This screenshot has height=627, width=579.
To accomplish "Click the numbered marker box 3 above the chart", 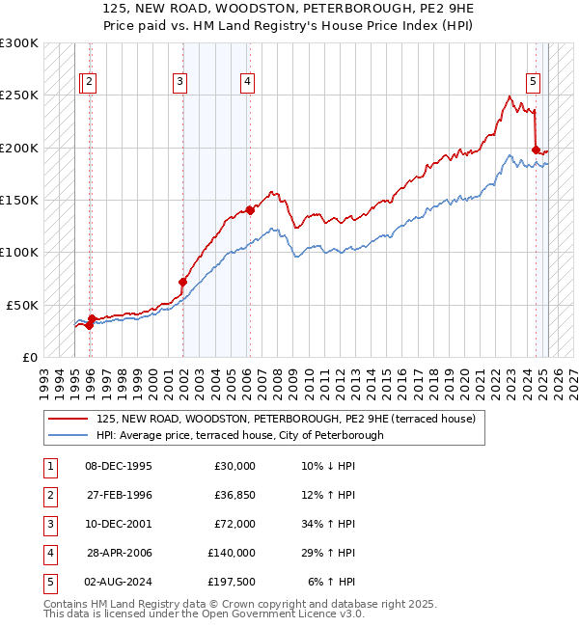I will point(180,83).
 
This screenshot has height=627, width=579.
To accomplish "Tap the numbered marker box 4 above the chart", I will point(248,83).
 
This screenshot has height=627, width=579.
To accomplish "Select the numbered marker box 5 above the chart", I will point(533,83).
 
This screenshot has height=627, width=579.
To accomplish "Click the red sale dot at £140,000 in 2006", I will point(250,209).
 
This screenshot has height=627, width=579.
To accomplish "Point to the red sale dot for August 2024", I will point(536,150).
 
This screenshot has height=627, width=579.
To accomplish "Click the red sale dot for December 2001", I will point(182,282).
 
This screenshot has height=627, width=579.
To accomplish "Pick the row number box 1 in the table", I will point(47,466).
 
